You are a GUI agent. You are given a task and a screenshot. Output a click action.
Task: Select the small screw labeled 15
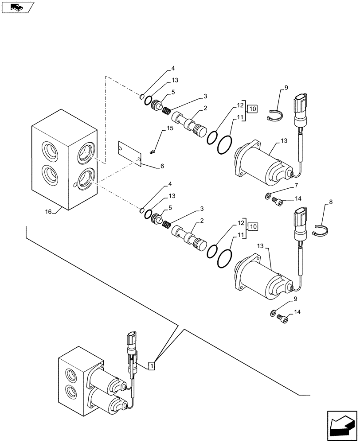point(153,152)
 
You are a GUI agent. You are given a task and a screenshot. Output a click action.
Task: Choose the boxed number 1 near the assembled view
point(152,365)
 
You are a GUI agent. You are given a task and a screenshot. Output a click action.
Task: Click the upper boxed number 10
point(252,109)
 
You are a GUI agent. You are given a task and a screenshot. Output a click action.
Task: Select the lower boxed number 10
point(252,227)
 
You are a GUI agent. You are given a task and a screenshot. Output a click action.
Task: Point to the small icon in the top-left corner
point(16,7)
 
